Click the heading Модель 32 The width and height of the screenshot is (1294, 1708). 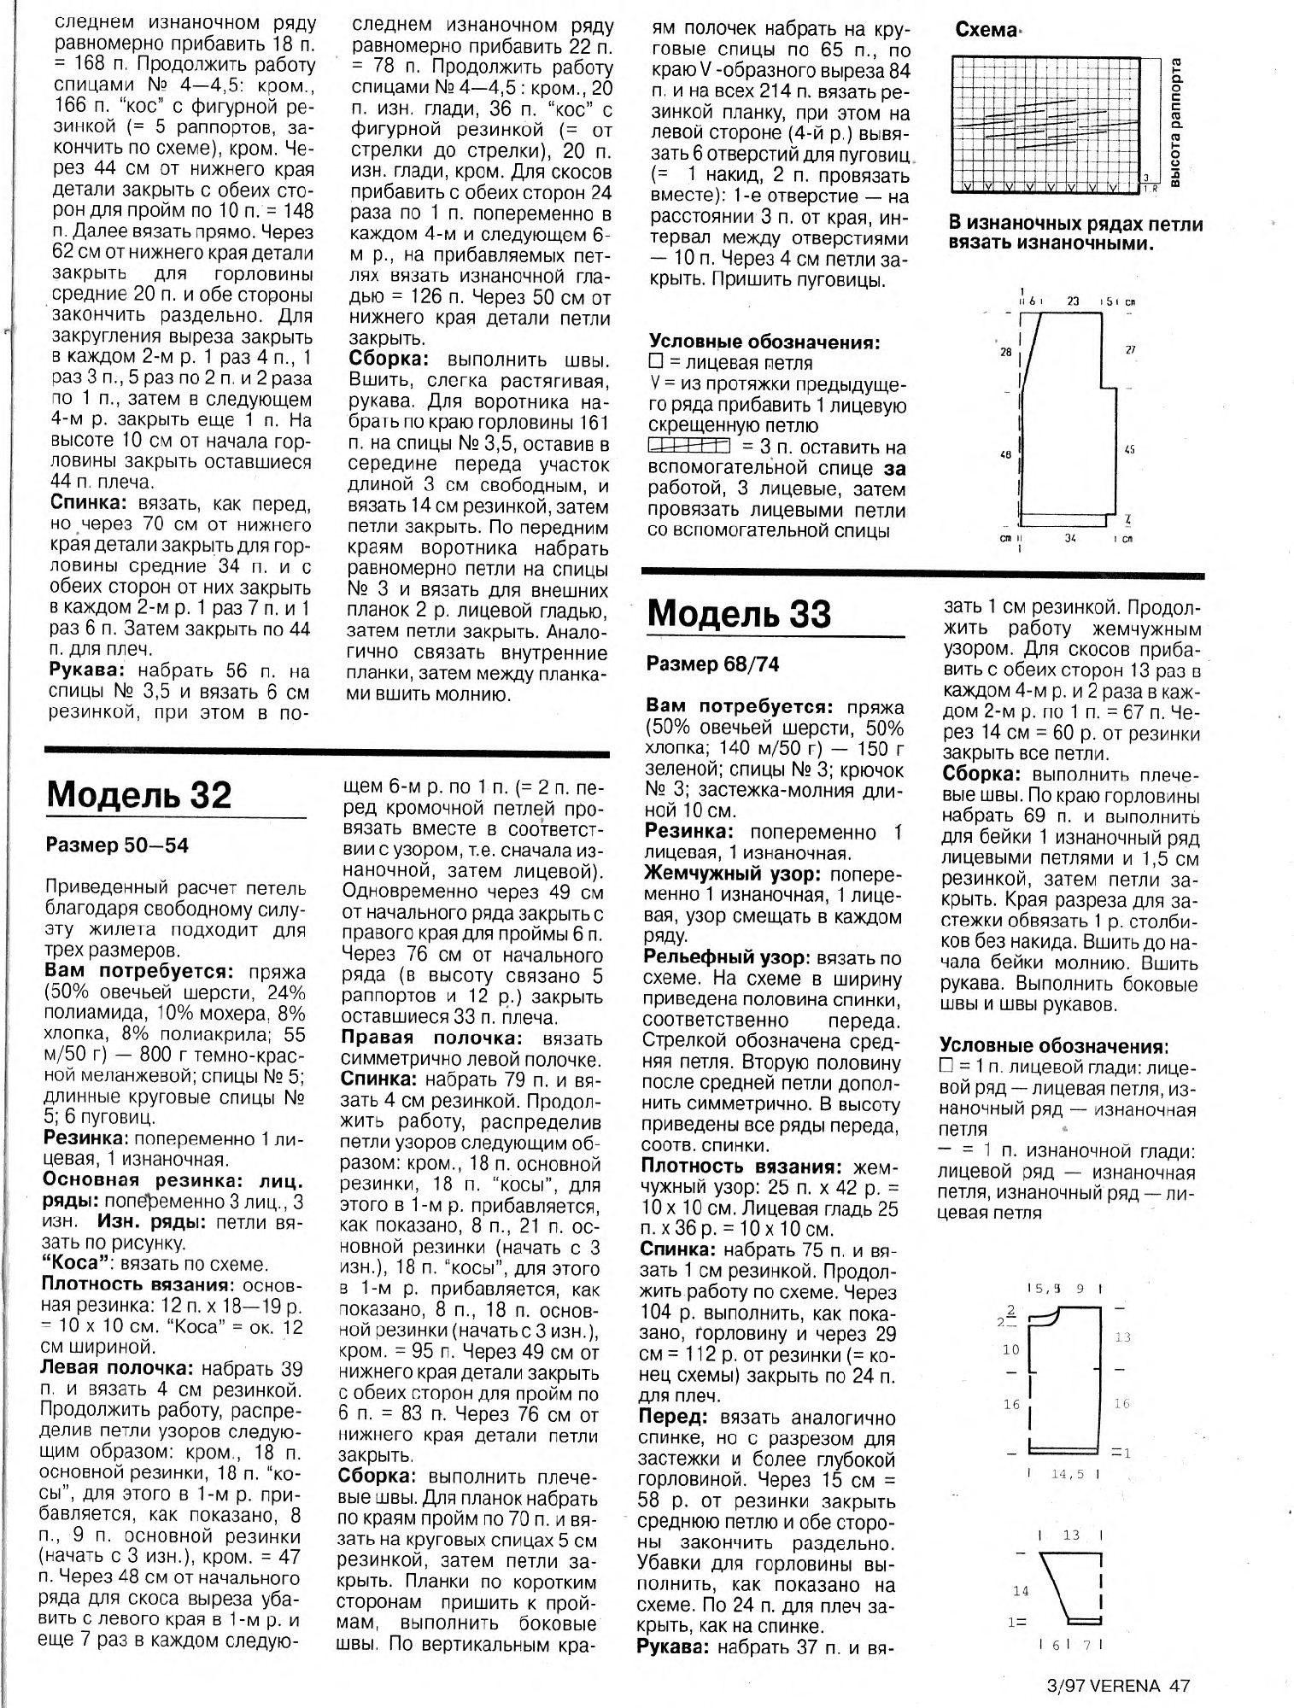coord(139,795)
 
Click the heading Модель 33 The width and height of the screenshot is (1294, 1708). coord(740,613)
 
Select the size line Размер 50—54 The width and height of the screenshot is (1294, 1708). coord(118,845)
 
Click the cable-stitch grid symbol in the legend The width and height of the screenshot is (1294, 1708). coord(688,446)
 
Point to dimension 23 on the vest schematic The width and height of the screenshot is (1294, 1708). coord(1073,301)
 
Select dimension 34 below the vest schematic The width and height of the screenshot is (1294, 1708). coord(1069,539)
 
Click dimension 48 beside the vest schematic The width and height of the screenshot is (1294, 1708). coord(1005,456)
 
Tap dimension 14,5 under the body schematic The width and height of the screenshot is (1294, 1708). coord(1063,1474)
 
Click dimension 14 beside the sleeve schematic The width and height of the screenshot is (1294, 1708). coord(1021,1591)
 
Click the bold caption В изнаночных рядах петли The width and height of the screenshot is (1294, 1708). coord(1075,225)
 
